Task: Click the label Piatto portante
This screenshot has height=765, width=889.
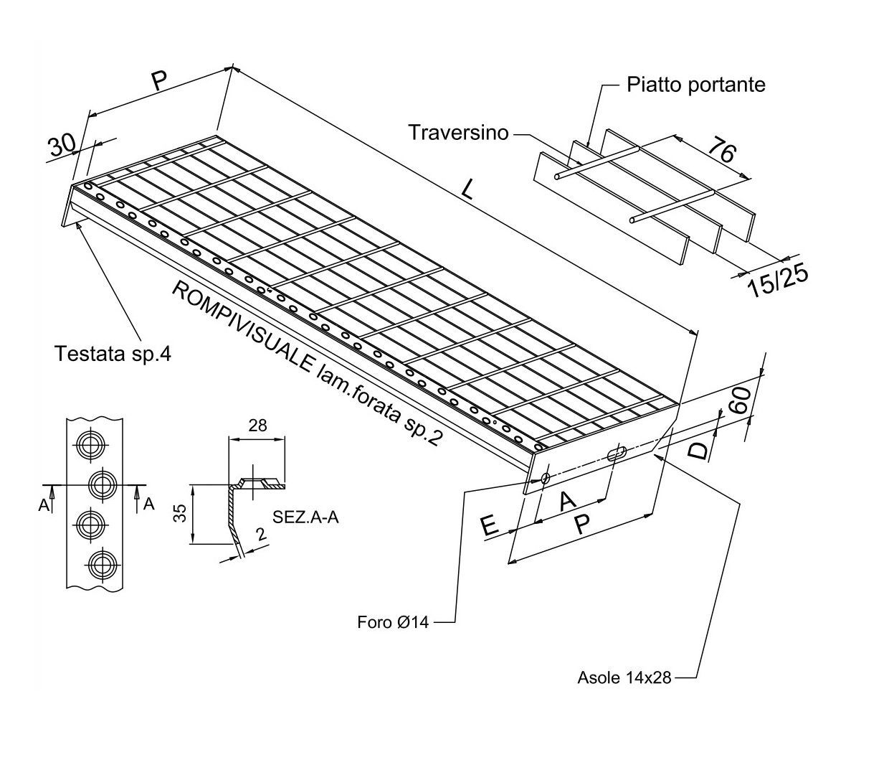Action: pos(695,85)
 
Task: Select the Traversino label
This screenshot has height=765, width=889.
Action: pos(458,132)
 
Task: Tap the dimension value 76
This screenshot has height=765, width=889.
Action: pos(722,149)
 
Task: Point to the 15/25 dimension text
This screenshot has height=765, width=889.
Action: pos(778,282)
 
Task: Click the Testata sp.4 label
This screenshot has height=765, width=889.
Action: pos(113,354)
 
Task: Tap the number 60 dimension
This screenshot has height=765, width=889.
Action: pos(741,400)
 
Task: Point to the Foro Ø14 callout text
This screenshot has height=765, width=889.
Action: pos(393,622)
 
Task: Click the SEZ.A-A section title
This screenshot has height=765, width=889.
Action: pos(305,517)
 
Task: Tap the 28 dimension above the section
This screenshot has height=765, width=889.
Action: pos(257,426)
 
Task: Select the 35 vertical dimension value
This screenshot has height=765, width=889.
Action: pos(181,513)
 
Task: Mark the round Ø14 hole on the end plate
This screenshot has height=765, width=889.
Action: pos(545,478)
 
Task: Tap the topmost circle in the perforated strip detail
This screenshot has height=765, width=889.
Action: pos(91,446)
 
